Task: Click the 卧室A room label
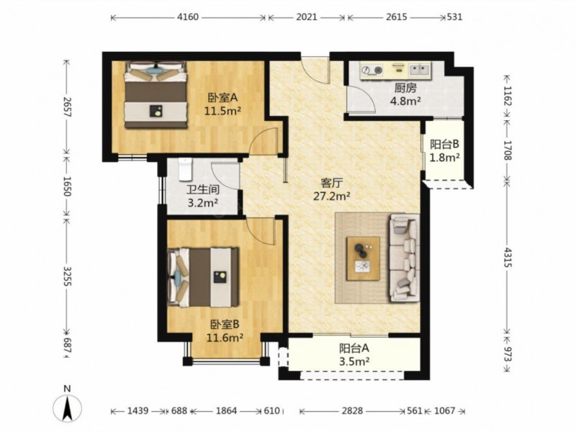pyautogui.click(x=223, y=98)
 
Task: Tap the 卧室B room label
pyautogui.click(x=225, y=325)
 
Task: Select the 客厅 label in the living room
pyautogui.click(x=332, y=183)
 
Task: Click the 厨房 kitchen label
pyautogui.click(x=405, y=88)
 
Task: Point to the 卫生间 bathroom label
pyautogui.click(x=203, y=189)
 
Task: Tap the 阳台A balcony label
pyautogui.click(x=354, y=348)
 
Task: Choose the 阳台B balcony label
pyautogui.click(x=444, y=144)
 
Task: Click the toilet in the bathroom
pyautogui.click(x=185, y=169)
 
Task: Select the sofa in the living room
pyautogui.click(x=405, y=258)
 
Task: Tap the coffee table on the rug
pyautogui.click(x=364, y=258)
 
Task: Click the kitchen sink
pyautogui.click(x=420, y=70)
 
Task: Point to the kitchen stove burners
pyautogui.click(x=372, y=70)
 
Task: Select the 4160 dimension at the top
pyautogui.click(x=188, y=17)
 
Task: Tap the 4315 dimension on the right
pyautogui.click(x=508, y=257)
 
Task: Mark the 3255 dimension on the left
pyautogui.click(x=66, y=276)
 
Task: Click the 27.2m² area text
pyautogui.click(x=332, y=196)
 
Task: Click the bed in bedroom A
pyautogui.click(x=156, y=95)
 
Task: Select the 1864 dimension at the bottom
pyautogui.click(x=226, y=410)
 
